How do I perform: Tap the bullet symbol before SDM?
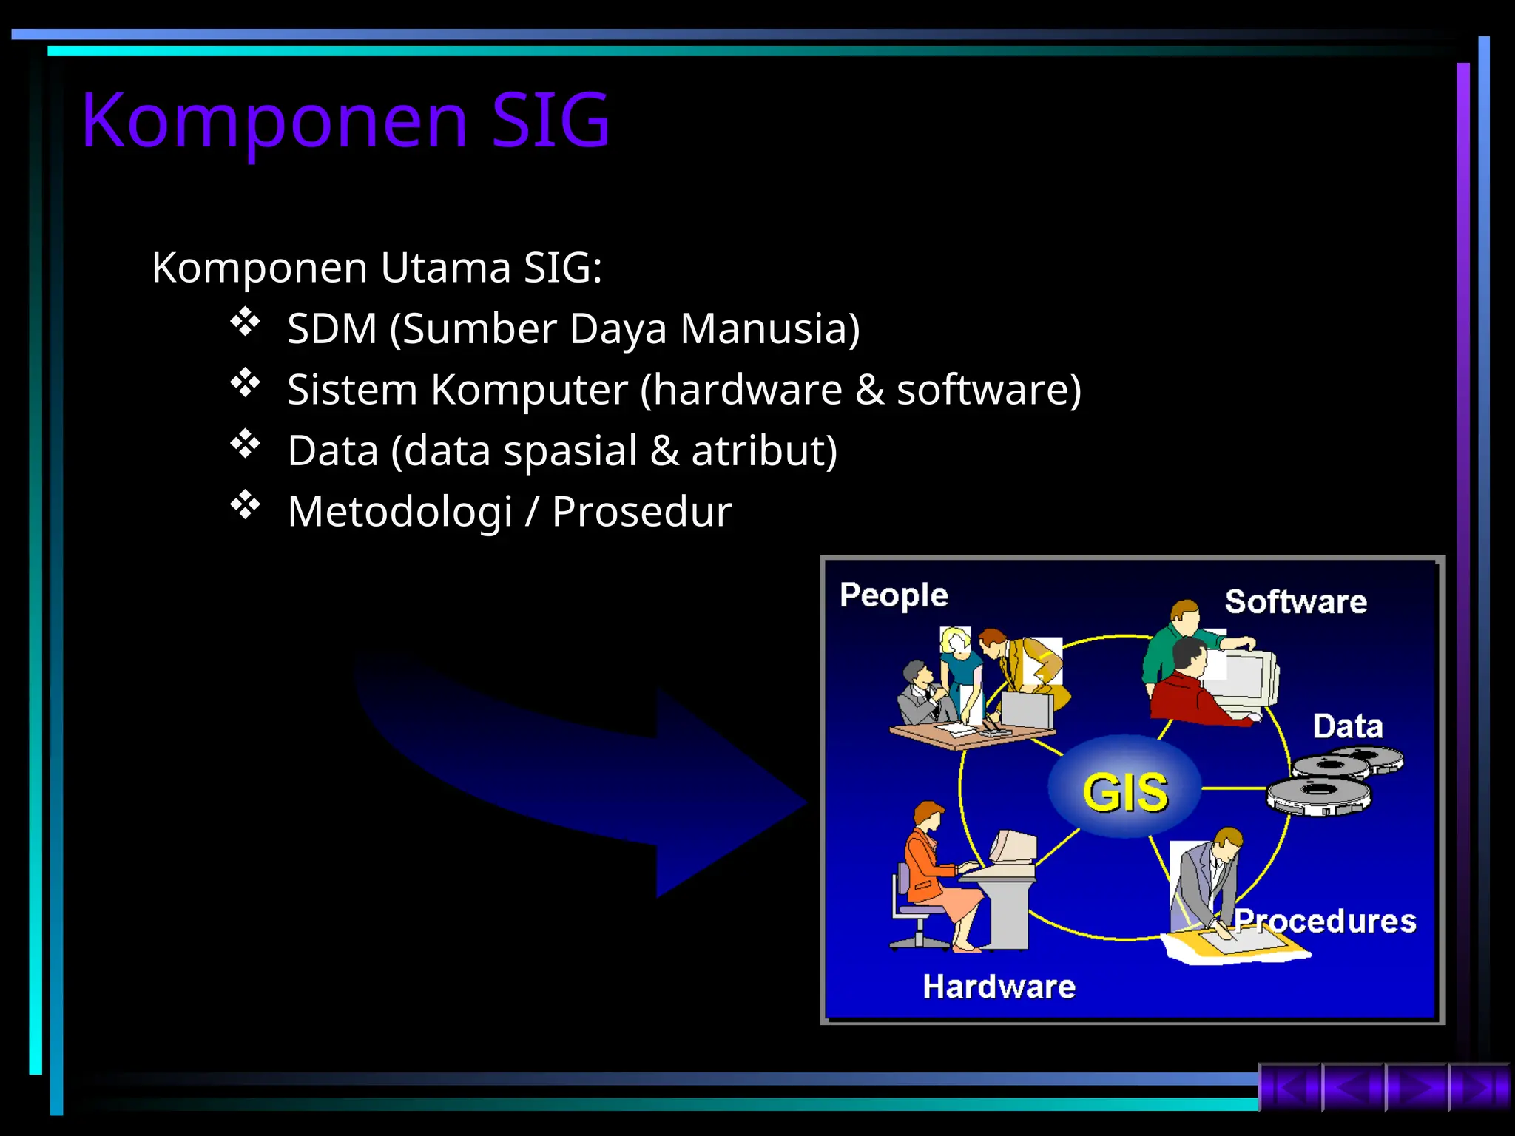tap(245, 322)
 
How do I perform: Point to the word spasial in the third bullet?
tap(570, 451)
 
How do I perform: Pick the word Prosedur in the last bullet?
tap(641, 512)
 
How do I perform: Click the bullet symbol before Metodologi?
tap(245, 505)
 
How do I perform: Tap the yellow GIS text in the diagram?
tap(1124, 791)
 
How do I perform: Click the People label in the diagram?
tap(894, 595)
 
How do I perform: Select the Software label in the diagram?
tap(1295, 601)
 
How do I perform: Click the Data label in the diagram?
tap(1347, 726)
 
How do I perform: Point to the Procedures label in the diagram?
tap(1324, 922)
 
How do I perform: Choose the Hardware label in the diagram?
tap(999, 987)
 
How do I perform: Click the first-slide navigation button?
tap(1289, 1087)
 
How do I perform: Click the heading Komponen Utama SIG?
tap(377, 268)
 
